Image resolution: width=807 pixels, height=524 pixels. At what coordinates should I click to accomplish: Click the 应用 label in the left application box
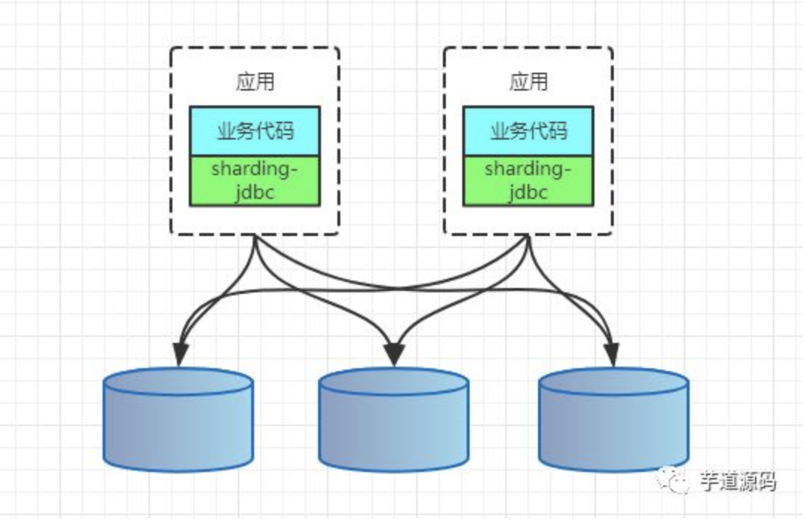[256, 81]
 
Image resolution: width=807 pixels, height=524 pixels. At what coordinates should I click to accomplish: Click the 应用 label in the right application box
[528, 81]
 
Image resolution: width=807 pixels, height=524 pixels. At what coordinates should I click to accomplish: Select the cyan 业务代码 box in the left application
[256, 131]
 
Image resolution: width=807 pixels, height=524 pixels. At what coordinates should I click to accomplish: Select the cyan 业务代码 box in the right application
[528, 131]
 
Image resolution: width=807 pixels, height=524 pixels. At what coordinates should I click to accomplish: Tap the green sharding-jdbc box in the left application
[256, 181]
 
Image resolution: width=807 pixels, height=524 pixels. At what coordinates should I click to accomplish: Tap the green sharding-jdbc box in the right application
[528, 181]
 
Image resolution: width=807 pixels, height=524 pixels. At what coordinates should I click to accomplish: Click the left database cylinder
[178, 419]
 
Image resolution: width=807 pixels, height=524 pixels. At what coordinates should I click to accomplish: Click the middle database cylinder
[394, 419]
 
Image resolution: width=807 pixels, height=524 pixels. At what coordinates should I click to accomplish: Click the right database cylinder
[614, 419]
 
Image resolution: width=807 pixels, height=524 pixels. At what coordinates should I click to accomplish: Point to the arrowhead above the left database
[180, 355]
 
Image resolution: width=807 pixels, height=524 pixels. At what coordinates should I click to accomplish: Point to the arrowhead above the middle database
[395, 355]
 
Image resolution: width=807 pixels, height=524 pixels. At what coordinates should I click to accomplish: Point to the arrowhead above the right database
[612, 355]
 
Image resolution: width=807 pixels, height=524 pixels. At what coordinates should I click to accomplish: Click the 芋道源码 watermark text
[737, 482]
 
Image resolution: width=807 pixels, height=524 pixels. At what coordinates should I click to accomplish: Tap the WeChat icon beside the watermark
[673, 479]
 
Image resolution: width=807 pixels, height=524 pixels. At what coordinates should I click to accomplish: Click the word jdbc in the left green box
[256, 192]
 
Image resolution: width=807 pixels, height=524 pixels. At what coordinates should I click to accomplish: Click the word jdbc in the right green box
[528, 192]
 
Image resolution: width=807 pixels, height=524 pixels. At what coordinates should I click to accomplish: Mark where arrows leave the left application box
[255, 235]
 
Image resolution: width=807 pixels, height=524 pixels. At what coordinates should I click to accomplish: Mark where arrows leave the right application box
[528, 235]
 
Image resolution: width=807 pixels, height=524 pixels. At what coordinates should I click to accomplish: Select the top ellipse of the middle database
[394, 381]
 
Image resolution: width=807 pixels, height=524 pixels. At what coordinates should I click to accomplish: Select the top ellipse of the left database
[178, 381]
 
